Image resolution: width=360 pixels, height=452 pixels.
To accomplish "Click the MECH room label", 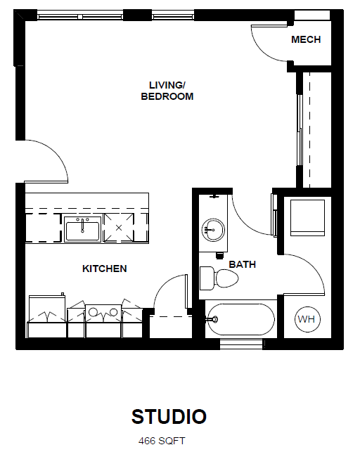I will pos(306,40).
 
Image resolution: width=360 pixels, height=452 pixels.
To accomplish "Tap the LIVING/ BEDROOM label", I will pos(167,91).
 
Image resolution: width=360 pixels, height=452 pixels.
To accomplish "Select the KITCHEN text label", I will pos(105,269).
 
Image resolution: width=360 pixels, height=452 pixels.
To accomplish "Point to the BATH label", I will pos(243,265).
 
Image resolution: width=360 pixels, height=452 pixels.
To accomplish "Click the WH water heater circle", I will pos(307,320).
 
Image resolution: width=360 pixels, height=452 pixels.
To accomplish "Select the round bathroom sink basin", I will pos(212,228).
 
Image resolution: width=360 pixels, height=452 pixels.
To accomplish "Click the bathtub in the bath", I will pos(240,319).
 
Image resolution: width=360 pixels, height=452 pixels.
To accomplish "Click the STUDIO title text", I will pos(169,417).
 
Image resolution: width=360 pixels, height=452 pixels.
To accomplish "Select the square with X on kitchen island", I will pos(118,228).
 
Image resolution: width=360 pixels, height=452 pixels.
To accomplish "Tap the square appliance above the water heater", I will pos(307,217).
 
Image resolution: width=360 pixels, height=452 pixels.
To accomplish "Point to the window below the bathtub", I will pos(240,344).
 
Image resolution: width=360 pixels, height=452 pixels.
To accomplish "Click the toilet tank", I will pos(206,278).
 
